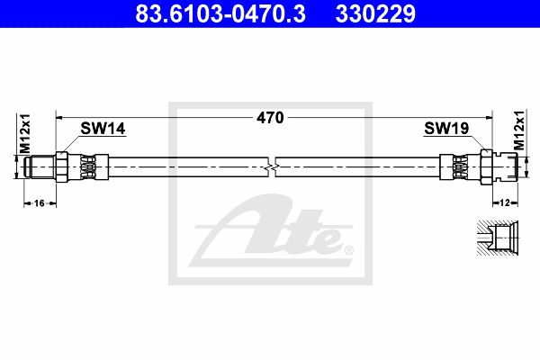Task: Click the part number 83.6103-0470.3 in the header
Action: click(220, 13)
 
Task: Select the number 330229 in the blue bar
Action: click(375, 13)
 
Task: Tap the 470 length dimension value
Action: click(270, 118)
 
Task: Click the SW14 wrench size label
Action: click(103, 129)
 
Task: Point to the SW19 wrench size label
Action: click(446, 128)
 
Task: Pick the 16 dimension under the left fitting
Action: click(40, 203)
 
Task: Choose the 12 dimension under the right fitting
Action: click(505, 202)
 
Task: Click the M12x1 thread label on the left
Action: click(25, 133)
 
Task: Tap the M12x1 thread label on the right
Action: click(519, 130)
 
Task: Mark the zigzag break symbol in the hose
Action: click(272, 167)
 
